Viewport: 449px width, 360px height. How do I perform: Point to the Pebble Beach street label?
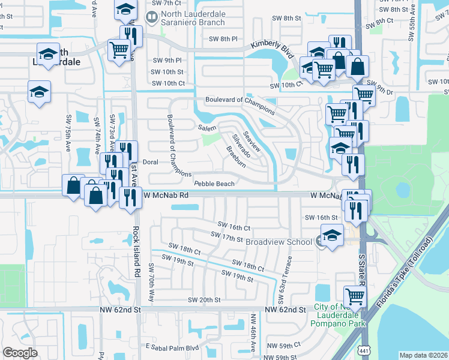point(214,184)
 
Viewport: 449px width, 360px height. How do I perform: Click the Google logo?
point(20,353)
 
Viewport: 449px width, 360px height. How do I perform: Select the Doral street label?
point(150,162)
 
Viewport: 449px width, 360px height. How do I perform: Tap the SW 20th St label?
point(204,299)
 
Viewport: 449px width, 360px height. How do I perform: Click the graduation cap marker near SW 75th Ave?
point(39,92)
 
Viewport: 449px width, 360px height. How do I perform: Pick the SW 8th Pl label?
point(223,39)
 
